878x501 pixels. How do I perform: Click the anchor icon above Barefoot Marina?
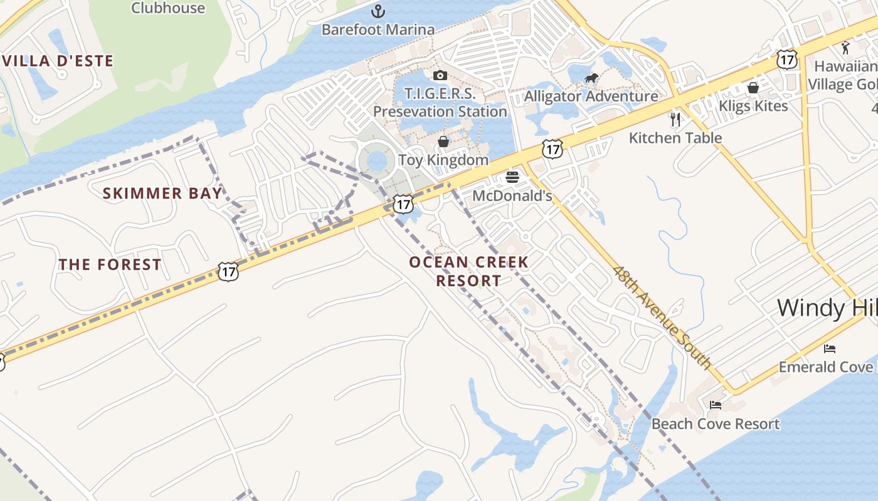(x=378, y=11)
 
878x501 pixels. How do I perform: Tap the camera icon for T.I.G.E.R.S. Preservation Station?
(x=440, y=76)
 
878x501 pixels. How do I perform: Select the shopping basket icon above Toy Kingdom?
(x=443, y=142)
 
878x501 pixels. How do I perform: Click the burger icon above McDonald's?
(x=512, y=177)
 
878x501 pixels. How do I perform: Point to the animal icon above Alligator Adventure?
(x=591, y=78)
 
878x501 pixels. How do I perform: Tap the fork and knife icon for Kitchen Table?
(x=675, y=120)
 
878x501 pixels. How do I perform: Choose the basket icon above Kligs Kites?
(x=753, y=88)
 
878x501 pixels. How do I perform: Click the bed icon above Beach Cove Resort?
(x=716, y=405)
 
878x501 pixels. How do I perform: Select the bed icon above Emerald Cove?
(x=830, y=348)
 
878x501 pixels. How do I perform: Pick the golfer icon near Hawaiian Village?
(x=846, y=48)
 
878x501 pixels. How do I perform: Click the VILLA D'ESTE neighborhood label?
(x=58, y=61)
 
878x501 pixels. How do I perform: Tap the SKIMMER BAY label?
(x=162, y=193)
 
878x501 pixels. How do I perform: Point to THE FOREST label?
(x=110, y=265)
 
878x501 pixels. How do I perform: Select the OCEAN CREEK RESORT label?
(x=469, y=271)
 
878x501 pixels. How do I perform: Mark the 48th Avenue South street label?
(x=663, y=318)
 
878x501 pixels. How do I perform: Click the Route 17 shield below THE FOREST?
(x=228, y=271)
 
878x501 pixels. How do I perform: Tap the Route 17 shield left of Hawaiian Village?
(x=786, y=59)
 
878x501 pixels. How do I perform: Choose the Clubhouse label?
(x=168, y=8)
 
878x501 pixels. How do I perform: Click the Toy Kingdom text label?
(x=443, y=160)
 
